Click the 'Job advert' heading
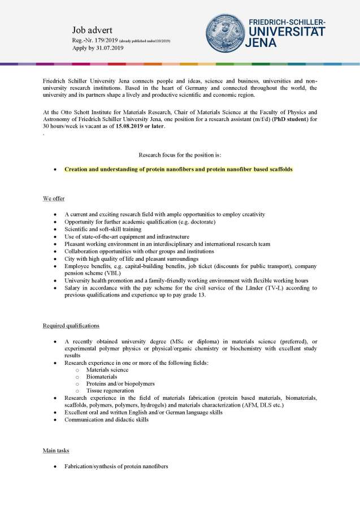click(x=93, y=29)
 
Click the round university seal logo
click(x=225, y=33)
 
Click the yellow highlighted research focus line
click(x=178, y=169)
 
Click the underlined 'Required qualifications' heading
click(x=71, y=326)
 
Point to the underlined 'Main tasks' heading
click(x=57, y=450)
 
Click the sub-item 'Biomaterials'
click(x=102, y=376)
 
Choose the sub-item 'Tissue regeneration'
click(x=110, y=390)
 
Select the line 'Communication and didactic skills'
click(x=106, y=420)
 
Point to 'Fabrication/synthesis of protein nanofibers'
click(x=116, y=467)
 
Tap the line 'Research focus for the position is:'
click(x=180, y=154)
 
